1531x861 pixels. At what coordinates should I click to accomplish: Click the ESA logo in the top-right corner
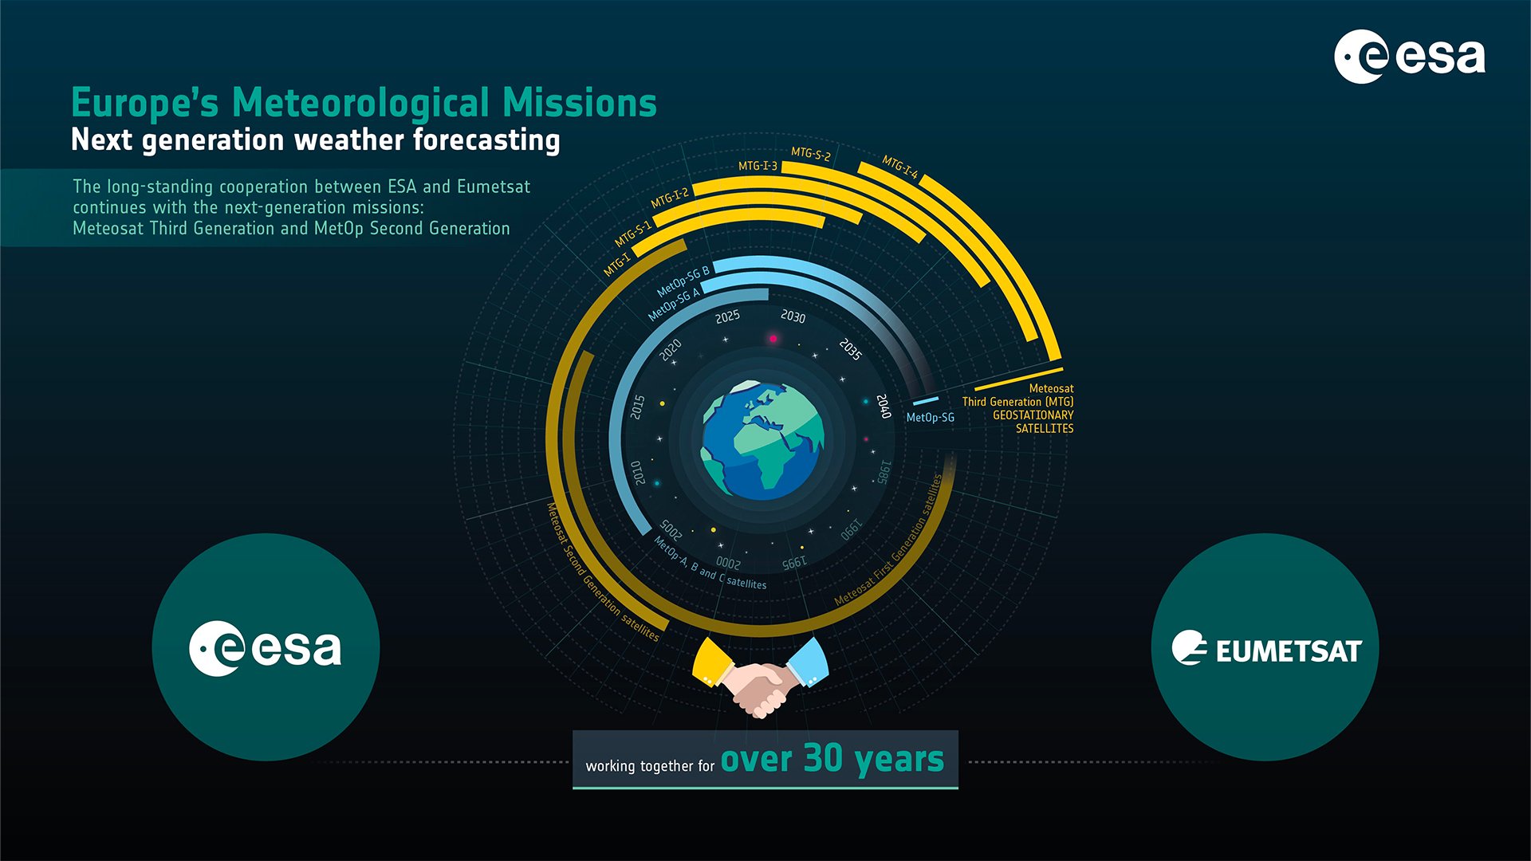coord(1409,57)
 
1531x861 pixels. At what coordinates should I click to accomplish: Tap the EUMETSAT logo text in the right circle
coord(1288,651)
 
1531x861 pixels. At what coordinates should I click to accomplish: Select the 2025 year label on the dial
coord(727,317)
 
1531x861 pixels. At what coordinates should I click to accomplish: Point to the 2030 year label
coord(793,316)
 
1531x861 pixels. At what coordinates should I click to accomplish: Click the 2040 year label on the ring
coord(884,406)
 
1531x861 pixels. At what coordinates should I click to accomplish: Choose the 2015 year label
coord(638,407)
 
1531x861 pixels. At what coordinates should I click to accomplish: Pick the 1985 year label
coord(883,471)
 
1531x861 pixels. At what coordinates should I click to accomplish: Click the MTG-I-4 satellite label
coord(899,167)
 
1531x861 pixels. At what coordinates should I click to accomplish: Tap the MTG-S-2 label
coord(810,154)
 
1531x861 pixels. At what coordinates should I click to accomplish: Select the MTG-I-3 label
coord(757,166)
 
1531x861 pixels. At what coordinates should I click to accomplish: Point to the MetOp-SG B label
coord(683,281)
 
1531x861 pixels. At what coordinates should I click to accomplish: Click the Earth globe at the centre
coord(762,440)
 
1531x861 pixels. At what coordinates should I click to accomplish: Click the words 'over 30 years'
coord(832,759)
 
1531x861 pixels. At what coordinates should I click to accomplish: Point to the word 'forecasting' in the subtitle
coord(486,140)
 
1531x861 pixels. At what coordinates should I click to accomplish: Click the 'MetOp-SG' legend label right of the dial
coord(930,418)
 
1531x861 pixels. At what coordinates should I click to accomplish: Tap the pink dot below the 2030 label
coord(772,339)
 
